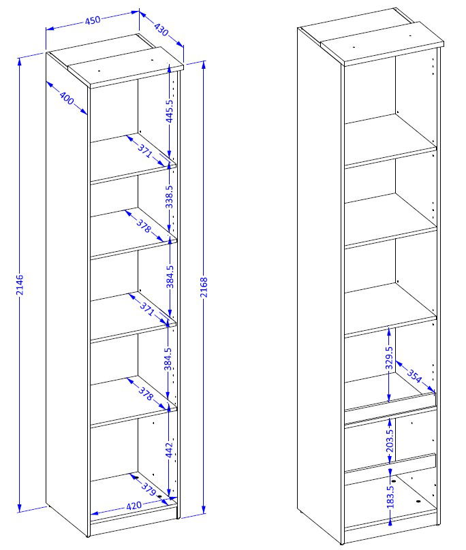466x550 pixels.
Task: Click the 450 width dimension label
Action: [93, 20]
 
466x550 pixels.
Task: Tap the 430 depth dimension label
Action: [161, 29]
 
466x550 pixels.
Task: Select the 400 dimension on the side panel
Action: [66, 98]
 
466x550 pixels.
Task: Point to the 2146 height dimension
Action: [20, 285]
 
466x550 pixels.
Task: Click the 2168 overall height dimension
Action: [204, 287]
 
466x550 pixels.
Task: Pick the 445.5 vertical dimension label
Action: [170, 111]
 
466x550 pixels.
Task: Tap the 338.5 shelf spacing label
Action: [170, 197]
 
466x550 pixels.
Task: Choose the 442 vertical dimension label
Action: [169, 450]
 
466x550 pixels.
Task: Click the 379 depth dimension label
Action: [149, 489]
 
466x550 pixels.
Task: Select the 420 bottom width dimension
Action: [134, 506]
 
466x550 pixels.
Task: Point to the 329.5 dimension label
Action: [389, 358]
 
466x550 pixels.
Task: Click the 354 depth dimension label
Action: [414, 376]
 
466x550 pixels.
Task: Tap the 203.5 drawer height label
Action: [390, 440]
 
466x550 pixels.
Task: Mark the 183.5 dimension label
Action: [390, 497]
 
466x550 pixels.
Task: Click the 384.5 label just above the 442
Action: [168, 359]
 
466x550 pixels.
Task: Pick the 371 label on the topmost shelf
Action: [145, 150]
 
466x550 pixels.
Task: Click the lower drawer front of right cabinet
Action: [390, 463]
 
